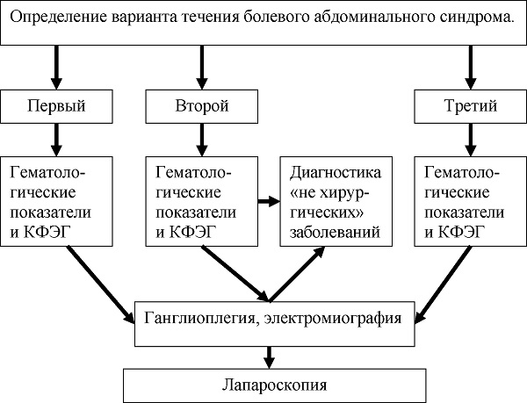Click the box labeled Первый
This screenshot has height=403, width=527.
pos(56,106)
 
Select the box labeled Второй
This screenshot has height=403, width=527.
pos(202,106)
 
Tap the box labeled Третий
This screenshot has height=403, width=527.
pos(470,106)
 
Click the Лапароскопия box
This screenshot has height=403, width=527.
pos(275,385)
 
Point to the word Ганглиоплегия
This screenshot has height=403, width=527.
pos(202,318)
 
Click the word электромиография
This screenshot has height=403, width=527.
pos(333,318)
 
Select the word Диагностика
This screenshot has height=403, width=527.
pos(336,173)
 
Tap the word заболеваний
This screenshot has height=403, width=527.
pos(336,233)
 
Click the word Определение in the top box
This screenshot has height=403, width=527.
pos(58,18)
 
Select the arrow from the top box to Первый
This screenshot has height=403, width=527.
pos(56,67)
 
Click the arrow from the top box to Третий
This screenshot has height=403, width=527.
pos(470,67)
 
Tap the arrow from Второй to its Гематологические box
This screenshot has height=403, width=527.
pos(202,140)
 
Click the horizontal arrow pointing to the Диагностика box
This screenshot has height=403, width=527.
pos(269,202)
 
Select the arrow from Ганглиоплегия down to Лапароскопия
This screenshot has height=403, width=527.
pos(269,357)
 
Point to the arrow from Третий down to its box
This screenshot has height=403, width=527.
pos(470,140)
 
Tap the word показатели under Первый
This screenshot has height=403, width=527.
pos(51,212)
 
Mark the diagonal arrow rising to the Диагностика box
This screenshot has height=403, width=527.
pos(297,274)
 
